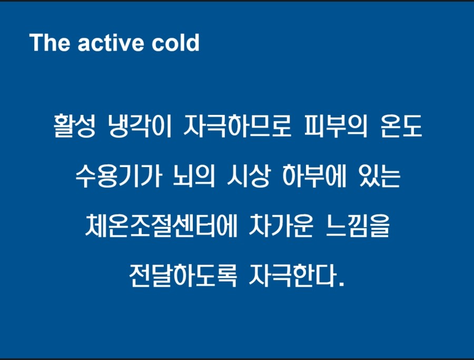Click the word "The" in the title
[50, 42]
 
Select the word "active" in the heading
[111, 43]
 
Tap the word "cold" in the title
[175, 42]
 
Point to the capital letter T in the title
[36, 42]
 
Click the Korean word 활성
[75, 126]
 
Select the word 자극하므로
[238, 126]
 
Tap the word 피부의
[335, 126]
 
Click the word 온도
[401, 126]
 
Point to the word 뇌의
[194, 176]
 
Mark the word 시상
[248, 176]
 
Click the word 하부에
[314, 176]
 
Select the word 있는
[380, 176]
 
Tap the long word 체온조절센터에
[161, 226]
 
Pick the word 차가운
[281, 226]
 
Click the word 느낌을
[358, 226]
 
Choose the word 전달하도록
[183, 275]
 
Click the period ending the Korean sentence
[342, 284]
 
